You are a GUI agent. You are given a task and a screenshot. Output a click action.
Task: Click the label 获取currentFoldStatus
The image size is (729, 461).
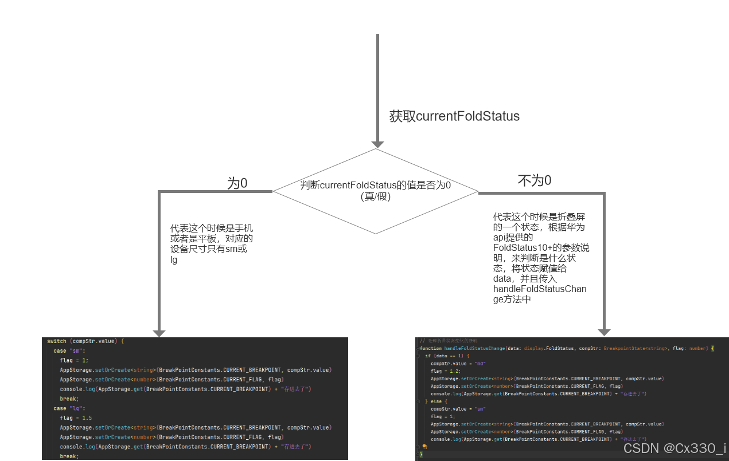454,116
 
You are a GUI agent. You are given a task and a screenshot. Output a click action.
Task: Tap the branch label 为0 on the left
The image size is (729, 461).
237,183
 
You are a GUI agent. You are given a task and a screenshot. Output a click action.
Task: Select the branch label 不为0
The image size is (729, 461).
534,181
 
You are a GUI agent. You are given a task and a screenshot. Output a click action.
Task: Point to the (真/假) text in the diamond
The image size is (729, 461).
376,196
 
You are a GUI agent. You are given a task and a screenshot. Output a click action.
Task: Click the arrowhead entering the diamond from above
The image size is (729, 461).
377,144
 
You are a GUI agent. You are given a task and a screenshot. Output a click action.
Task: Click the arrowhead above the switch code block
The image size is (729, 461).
159,333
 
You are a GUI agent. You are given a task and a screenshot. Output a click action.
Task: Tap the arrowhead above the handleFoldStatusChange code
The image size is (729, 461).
603,332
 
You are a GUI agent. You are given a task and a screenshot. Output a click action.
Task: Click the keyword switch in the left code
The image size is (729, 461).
57,341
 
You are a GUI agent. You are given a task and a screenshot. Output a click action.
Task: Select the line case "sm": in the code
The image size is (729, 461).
69,350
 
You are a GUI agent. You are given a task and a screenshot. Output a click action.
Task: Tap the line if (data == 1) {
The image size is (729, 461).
447,356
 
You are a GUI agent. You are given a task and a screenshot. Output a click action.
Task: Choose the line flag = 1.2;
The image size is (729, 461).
442,371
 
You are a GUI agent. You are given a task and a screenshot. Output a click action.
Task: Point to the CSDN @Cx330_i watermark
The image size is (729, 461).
674,448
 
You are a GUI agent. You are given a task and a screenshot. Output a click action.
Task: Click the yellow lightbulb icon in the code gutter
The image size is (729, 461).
424,446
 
